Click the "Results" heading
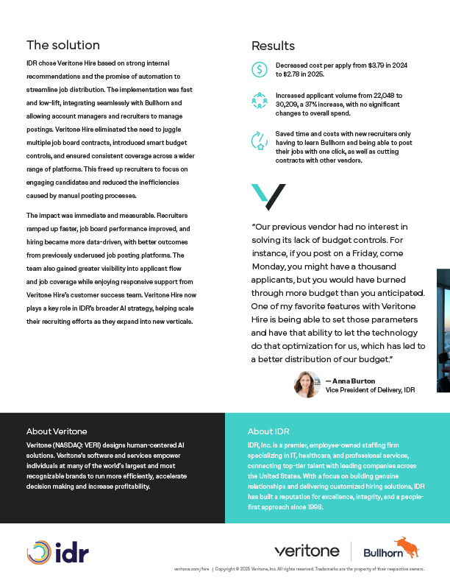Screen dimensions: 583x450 (x=273, y=46)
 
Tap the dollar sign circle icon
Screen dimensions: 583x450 (x=260, y=69)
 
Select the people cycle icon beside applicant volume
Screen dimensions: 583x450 (x=260, y=100)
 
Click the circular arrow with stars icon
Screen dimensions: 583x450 (x=260, y=140)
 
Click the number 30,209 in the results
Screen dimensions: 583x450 (x=289, y=105)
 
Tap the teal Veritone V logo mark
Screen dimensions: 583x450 (x=268, y=197)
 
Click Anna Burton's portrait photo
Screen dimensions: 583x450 (x=306, y=384)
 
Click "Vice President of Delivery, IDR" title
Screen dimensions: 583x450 (x=370, y=390)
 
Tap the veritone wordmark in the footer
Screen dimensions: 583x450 (x=307, y=551)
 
